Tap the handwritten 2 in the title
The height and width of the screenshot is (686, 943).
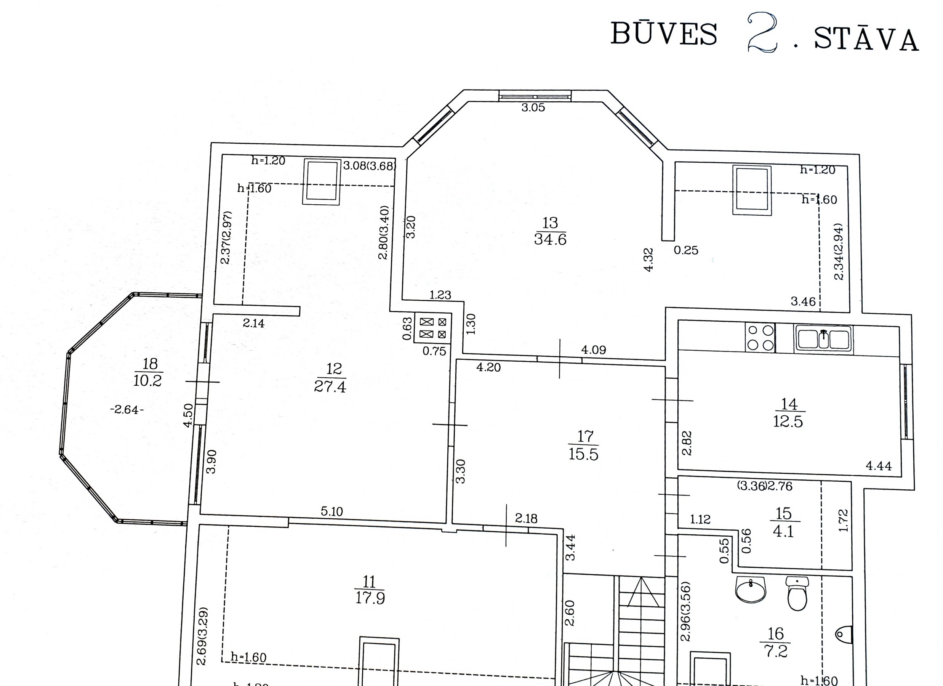[762, 32]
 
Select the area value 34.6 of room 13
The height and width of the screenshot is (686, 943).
[550, 240]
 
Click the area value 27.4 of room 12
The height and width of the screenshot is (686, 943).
[330, 386]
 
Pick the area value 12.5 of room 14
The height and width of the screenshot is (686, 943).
[788, 422]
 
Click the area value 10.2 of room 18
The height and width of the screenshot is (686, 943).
[147, 380]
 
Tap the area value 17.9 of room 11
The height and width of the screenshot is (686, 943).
[370, 598]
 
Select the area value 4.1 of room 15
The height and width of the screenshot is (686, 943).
[783, 531]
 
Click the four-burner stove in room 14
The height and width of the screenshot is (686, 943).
[760, 338]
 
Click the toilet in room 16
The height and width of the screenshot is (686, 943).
[797, 593]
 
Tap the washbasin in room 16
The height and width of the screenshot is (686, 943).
[751, 589]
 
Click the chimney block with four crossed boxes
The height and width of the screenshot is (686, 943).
[433, 328]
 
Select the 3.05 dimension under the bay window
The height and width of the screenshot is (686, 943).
[533, 107]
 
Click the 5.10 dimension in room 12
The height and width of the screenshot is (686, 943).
[332, 511]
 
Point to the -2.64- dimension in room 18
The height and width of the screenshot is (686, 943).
[127, 410]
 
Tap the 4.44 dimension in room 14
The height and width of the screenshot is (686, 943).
[879, 466]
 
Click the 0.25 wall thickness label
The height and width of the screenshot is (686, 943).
[686, 250]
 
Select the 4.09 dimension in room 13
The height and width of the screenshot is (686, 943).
[593, 350]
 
